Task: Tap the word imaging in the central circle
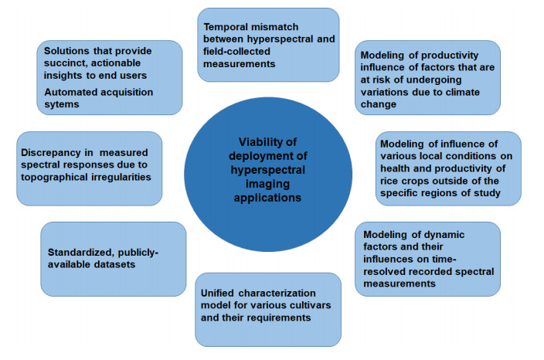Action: coord(267,184)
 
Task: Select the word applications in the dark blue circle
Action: coord(267,198)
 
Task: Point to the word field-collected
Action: coord(236,52)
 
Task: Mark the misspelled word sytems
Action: coord(62,104)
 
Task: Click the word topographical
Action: coord(54,177)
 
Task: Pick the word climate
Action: coord(460,92)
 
